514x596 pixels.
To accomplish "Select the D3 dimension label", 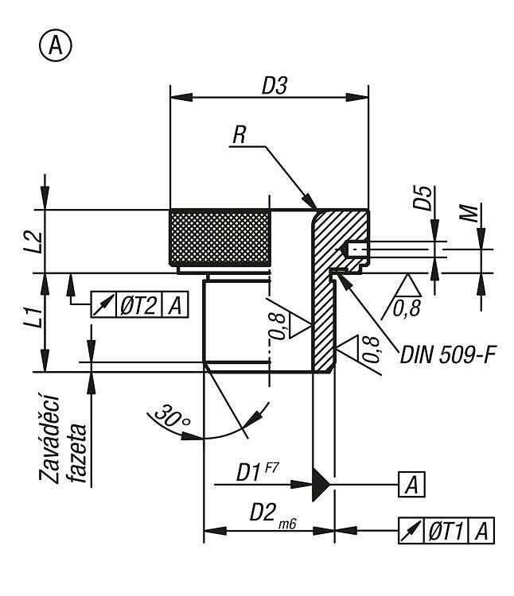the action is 275,86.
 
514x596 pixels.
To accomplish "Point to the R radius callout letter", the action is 239,134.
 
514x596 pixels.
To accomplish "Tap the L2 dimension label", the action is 34,242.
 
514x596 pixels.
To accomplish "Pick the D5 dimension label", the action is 423,198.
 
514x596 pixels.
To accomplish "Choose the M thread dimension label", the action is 469,213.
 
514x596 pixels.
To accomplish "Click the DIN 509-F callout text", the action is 448,355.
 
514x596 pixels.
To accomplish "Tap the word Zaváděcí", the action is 49,439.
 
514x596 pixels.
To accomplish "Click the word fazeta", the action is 77,453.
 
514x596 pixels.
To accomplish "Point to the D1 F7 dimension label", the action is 257,472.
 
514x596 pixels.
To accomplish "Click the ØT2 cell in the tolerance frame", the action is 138,305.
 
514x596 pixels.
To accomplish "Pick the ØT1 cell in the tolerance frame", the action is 446,531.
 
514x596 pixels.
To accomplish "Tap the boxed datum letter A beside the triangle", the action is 411,485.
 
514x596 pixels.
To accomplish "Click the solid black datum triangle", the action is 321,484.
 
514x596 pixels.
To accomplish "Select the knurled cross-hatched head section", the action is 220,238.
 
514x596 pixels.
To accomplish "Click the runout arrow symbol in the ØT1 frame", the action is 411,531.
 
